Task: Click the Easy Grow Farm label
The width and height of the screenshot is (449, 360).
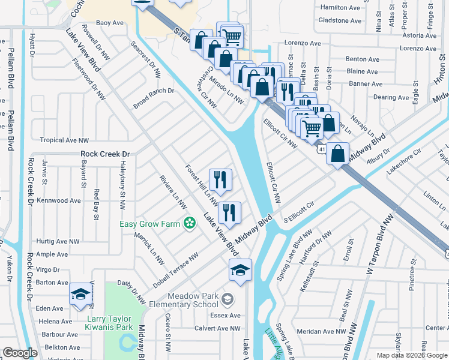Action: tap(149, 224)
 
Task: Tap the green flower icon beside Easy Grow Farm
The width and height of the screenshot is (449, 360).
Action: tap(190, 224)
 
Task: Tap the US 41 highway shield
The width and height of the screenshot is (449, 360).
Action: tap(322, 149)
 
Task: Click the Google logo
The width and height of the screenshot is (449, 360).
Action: tap(19, 353)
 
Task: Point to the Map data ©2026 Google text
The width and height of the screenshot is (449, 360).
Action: tap(412, 355)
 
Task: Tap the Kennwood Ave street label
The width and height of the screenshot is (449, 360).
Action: tap(58, 200)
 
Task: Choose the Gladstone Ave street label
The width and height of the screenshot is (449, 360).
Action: tap(340, 20)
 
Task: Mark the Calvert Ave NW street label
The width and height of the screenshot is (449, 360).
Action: tap(217, 328)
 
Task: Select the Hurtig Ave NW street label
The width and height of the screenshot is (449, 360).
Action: tap(58, 241)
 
